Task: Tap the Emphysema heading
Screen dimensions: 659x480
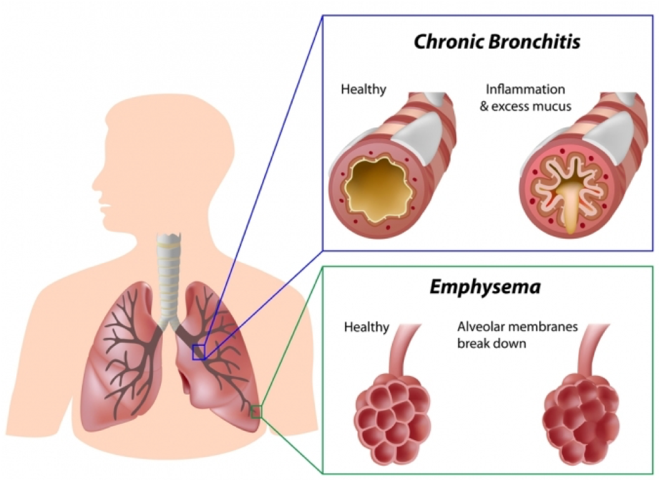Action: [x=485, y=288]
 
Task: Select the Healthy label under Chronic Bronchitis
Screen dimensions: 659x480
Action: [x=364, y=89]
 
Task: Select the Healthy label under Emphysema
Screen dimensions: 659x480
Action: [x=366, y=327]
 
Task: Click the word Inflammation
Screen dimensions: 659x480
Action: [x=525, y=89]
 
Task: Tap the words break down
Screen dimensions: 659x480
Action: [x=492, y=343]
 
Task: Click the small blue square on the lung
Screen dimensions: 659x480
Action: [x=199, y=352]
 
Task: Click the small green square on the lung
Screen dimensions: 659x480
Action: [x=256, y=412]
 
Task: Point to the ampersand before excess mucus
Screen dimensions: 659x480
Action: [x=484, y=106]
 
